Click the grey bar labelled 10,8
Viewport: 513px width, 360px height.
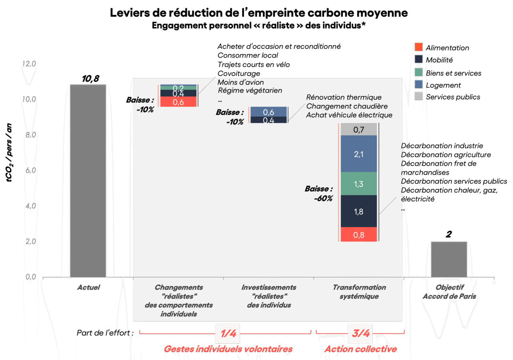[x=88, y=180]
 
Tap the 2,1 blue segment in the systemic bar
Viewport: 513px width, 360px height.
[x=359, y=154]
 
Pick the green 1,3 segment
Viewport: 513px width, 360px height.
[x=359, y=184]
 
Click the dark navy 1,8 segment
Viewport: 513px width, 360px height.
[x=359, y=211]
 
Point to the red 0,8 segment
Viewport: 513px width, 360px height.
[x=359, y=235]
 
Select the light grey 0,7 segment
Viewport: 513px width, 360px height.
[x=359, y=130]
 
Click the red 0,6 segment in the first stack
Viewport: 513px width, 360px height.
[x=178, y=102]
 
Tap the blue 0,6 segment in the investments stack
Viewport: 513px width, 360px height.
[x=269, y=112]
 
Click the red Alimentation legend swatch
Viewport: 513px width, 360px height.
[x=418, y=47]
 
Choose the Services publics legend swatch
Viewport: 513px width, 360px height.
[x=418, y=97]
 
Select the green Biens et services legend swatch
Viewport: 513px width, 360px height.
[x=418, y=72]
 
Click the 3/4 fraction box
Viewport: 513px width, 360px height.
[x=360, y=333]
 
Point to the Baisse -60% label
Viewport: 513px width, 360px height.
[x=319, y=193]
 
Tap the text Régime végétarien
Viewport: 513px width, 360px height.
[x=250, y=91]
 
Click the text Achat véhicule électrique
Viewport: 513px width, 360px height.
[x=349, y=115]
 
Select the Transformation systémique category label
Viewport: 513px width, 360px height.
[x=359, y=292]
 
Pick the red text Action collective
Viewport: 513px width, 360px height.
[x=361, y=349]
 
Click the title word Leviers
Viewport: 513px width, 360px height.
[x=130, y=13]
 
